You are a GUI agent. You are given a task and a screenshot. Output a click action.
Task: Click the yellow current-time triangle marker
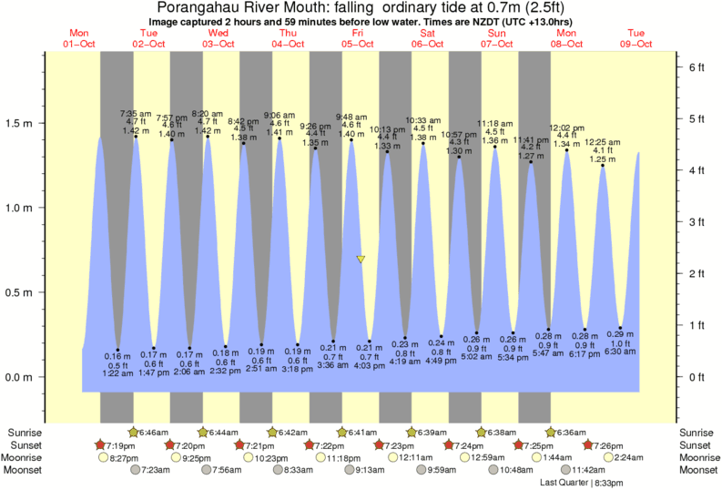pos(361,260)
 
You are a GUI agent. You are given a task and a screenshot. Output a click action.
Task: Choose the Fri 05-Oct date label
pos(358,38)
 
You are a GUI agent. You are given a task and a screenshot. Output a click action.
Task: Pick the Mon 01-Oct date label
pos(79,38)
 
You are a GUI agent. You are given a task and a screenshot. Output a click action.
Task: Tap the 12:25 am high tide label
pos(603,142)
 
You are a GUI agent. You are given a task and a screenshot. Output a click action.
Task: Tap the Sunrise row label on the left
pos(25,432)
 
